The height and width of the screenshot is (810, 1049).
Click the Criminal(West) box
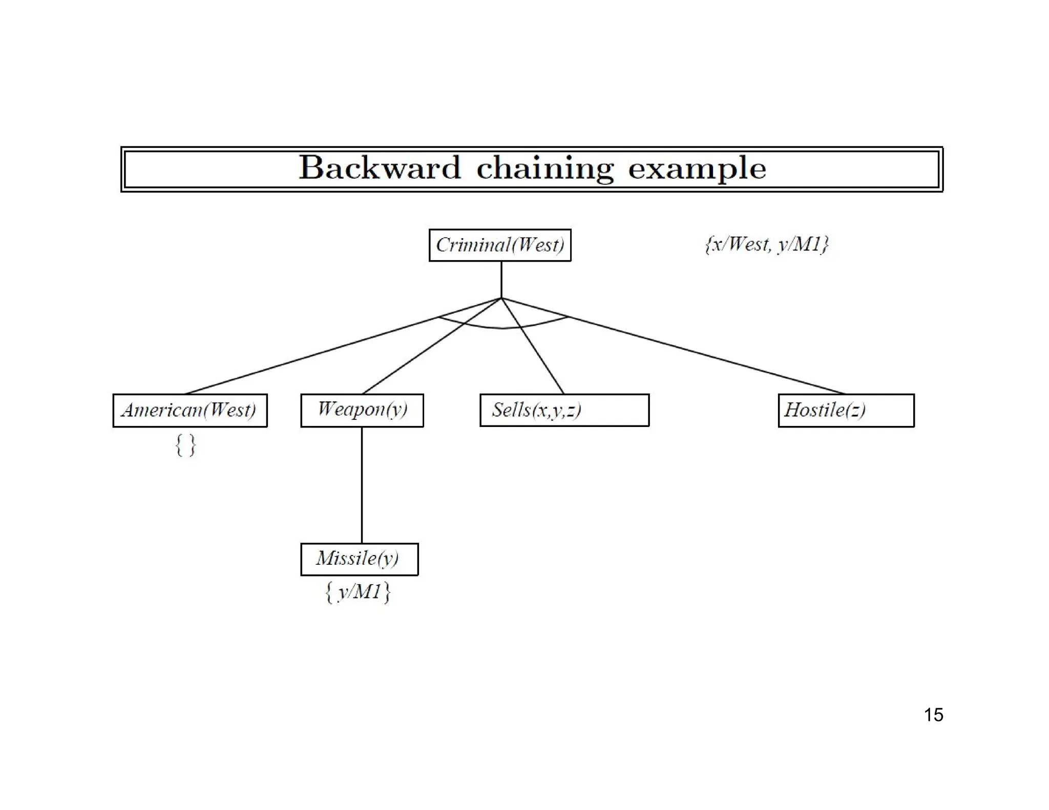pyautogui.click(x=499, y=245)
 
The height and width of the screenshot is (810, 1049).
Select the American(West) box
pyautogui.click(x=190, y=410)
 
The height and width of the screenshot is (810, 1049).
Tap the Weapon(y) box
pyautogui.click(x=362, y=410)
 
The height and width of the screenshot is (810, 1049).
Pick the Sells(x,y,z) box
pyautogui.click(x=564, y=410)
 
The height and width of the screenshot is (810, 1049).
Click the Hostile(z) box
pyautogui.click(x=846, y=410)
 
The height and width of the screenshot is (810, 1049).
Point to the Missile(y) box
pyautogui.click(x=359, y=559)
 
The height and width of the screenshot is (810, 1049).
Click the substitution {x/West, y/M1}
pyautogui.click(x=766, y=244)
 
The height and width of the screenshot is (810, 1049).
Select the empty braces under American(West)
pyautogui.click(x=185, y=445)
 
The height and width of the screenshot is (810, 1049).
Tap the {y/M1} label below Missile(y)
pyautogui.click(x=358, y=592)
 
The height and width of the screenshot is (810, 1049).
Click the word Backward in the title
pyautogui.click(x=380, y=168)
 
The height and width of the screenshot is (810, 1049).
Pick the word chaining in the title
pyautogui.click(x=544, y=168)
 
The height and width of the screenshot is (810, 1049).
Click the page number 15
pyautogui.click(x=933, y=715)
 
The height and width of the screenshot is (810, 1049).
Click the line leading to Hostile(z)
pyautogui.click(x=707, y=355)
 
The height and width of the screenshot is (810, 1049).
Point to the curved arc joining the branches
pyautogui.click(x=502, y=327)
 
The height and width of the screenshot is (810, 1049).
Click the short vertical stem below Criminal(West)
pyautogui.click(x=501, y=280)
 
